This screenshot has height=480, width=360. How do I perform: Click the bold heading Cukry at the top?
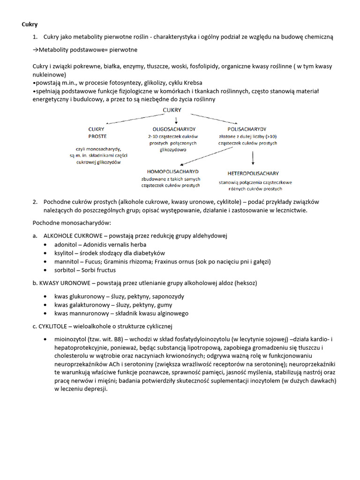tap(30, 24)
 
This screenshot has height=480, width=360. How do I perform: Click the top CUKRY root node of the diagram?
tap(172, 110)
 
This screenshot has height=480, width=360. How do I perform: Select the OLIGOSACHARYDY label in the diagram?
tap(174, 128)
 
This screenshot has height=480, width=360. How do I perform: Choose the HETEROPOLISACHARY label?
tap(253, 172)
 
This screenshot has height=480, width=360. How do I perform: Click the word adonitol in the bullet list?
tap(66, 245)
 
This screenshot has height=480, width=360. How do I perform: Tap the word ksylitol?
tap(65, 253)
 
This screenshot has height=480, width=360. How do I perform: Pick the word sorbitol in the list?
tap(65, 270)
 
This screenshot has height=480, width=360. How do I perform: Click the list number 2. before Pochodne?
tap(35, 202)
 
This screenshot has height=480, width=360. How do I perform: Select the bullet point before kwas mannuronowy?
tap(45, 313)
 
